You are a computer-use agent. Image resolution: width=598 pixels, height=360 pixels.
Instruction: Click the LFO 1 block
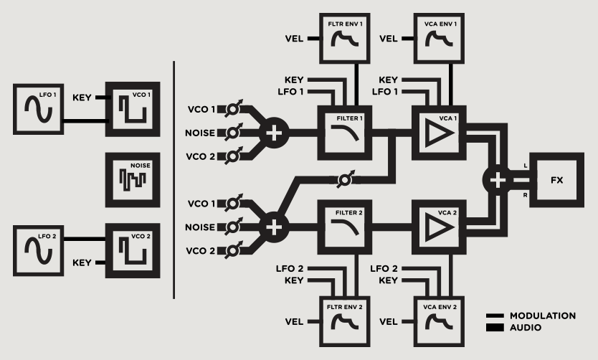tap(36, 108)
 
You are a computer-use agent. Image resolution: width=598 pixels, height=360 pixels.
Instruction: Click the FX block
tap(556, 179)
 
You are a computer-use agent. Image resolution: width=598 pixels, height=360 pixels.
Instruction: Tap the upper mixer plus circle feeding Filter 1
tap(273, 132)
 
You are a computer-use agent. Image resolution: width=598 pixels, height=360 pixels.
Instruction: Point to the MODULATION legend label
tap(542, 316)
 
